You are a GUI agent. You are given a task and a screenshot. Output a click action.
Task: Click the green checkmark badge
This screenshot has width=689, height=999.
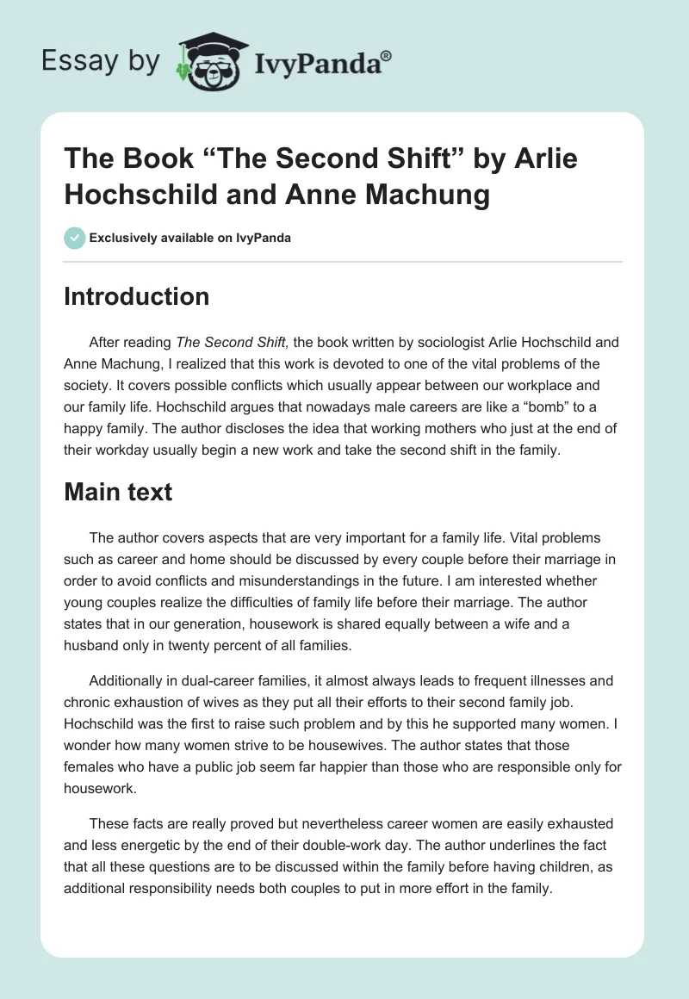click(74, 238)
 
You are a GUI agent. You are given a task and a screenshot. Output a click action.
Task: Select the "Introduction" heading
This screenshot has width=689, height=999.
click(137, 296)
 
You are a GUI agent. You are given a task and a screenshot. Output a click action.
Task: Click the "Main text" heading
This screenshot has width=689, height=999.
click(119, 492)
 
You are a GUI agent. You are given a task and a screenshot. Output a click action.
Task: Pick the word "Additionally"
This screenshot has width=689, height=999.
click(130, 680)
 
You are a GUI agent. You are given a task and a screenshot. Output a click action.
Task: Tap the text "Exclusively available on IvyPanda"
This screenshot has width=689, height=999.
click(190, 238)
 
